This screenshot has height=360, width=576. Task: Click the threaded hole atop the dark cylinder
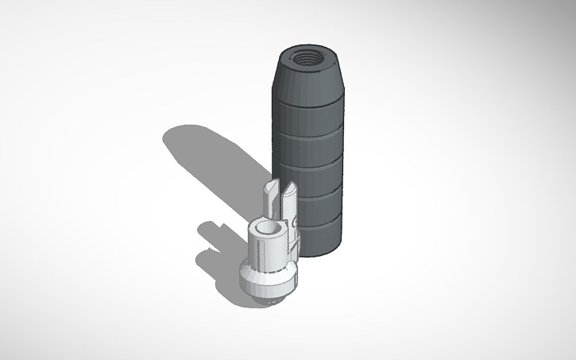[308, 57]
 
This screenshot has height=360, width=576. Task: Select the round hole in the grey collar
[269, 229]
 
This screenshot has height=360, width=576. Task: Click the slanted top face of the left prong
[271, 188]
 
